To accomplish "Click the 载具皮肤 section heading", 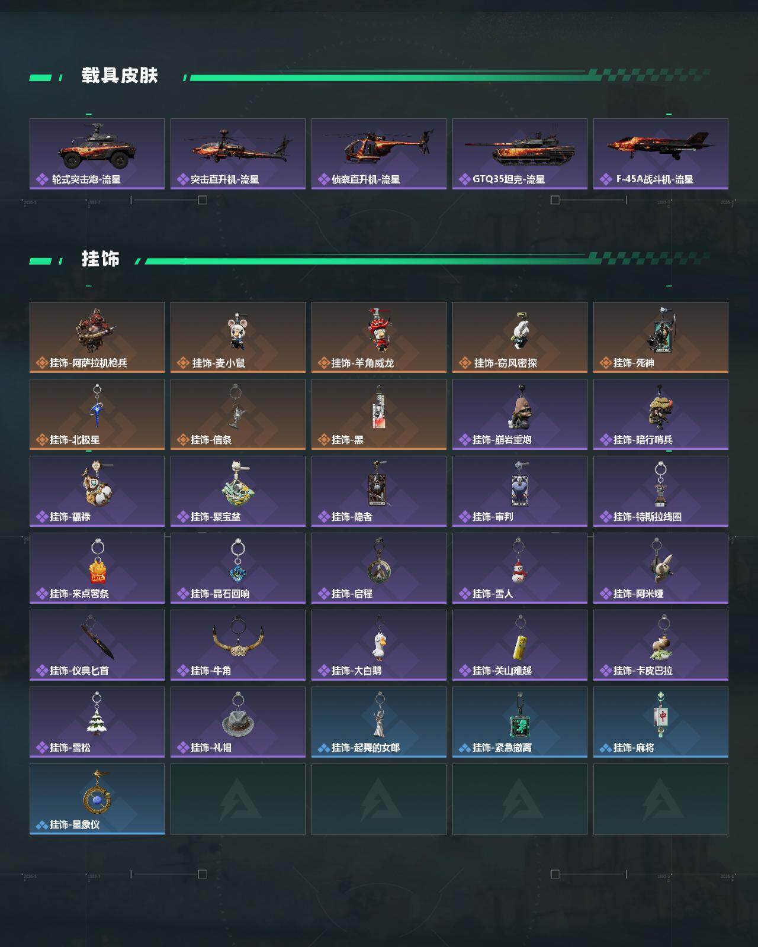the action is coord(120,75).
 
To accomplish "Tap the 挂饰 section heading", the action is coord(101,259).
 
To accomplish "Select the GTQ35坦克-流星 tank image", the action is coord(520,148).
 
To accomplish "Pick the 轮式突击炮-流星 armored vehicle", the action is coord(97,147).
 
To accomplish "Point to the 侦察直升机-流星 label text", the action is coord(365,179).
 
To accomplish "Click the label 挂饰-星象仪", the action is coord(75,824).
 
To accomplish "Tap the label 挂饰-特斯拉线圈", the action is coord(647,517).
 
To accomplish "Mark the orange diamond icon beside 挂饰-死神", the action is coord(606,363).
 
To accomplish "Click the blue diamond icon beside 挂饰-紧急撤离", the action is coord(464,748).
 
